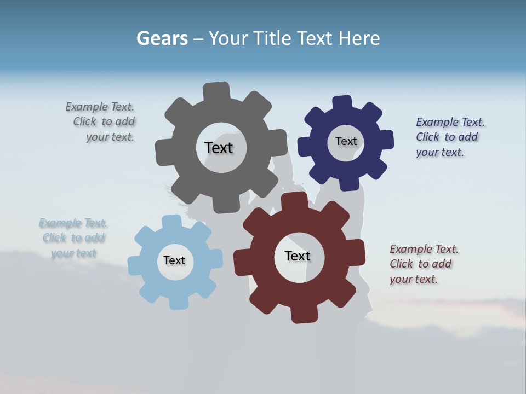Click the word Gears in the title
162,38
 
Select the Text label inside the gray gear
219,148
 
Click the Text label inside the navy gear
346,141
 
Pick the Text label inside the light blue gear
174,261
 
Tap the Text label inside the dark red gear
298,256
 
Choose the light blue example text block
73,238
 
